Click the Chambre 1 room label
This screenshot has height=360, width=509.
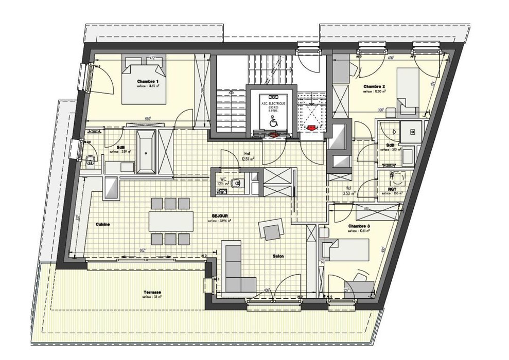[148, 82]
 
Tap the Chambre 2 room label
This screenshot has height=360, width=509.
[374, 86]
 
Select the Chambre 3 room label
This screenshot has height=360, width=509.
[359, 226]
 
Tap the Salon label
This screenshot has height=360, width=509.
[278, 256]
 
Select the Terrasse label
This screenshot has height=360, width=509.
[152, 293]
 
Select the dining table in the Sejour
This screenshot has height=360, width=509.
[170, 221]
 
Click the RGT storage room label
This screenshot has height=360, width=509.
[385, 189]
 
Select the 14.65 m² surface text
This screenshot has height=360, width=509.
[148, 87]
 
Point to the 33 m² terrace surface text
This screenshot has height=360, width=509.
[152, 298]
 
